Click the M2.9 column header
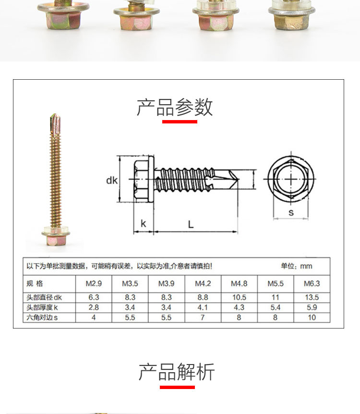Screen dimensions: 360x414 click(94, 283)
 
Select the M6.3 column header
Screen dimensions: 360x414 click(312, 283)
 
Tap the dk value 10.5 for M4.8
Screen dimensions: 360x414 click(239, 297)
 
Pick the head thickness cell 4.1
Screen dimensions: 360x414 click(203, 307)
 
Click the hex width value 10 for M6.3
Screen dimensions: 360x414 click(312, 317)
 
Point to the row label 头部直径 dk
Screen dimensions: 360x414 click(44, 298)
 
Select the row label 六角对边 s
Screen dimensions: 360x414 click(42, 317)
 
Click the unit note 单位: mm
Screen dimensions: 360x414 click(296, 266)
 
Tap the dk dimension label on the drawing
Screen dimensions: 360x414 click(112, 180)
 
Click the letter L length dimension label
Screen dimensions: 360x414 click(191, 224)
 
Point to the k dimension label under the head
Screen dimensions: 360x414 click(144, 223)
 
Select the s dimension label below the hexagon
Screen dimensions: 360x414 click(291, 212)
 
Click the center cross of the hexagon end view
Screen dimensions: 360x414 click(291, 179)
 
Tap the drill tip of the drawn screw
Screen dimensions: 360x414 click(239, 179)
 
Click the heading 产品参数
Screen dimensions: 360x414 click(174, 107)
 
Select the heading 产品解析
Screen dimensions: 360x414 click(177, 372)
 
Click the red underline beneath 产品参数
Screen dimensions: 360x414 click(180, 122)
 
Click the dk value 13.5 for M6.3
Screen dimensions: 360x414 click(312, 297)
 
